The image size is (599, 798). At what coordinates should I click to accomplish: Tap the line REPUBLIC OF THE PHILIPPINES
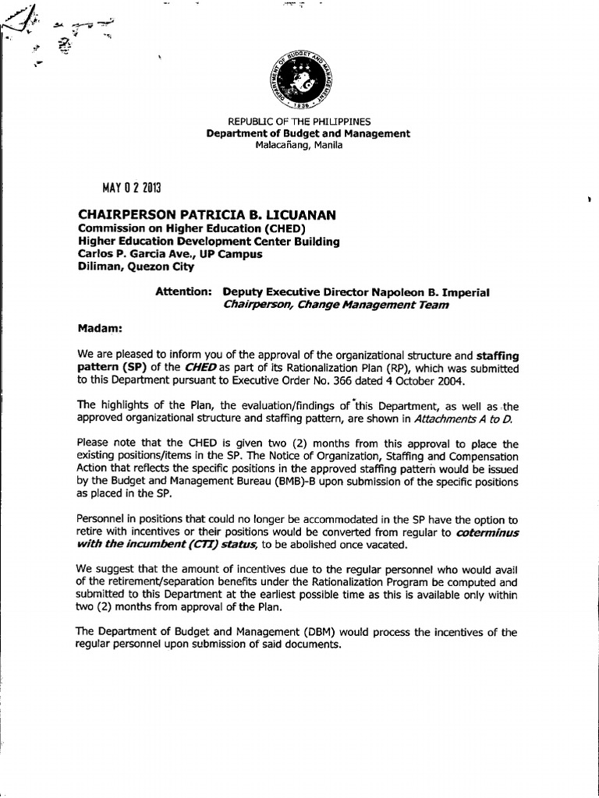tap(299, 122)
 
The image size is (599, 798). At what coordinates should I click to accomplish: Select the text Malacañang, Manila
tap(299, 145)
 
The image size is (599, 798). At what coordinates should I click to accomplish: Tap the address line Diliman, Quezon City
tap(135, 266)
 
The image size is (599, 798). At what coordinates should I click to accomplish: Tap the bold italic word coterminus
tap(487, 533)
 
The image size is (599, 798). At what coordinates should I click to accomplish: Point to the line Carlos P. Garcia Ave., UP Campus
tap(169, 253)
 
